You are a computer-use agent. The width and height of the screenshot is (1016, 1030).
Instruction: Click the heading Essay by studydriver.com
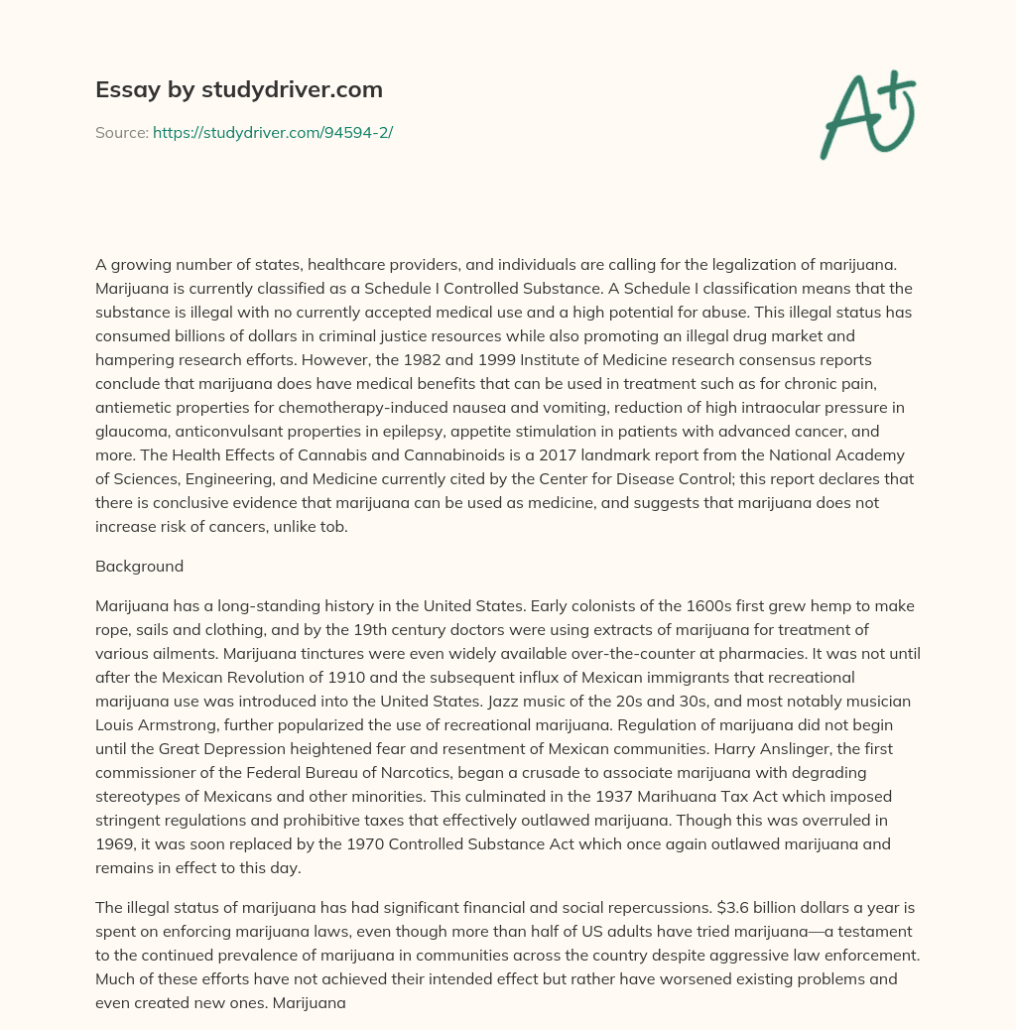[238, 89]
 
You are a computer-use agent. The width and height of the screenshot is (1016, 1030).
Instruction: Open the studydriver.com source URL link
[273, 132]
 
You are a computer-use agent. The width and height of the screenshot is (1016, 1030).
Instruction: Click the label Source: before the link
[121, 132]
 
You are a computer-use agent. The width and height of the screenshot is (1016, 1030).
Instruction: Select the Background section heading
[139, 567]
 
